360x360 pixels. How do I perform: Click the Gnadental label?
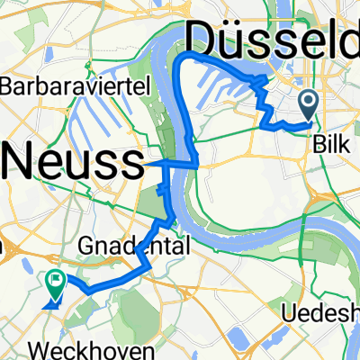[x=139, y=245]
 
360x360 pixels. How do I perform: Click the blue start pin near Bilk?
[x=309, y=104]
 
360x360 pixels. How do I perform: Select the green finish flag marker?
[x=56, y=284]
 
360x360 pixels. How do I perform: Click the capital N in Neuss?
[x=23, y=164]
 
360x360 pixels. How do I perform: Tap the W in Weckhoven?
[x=60, y=347]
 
